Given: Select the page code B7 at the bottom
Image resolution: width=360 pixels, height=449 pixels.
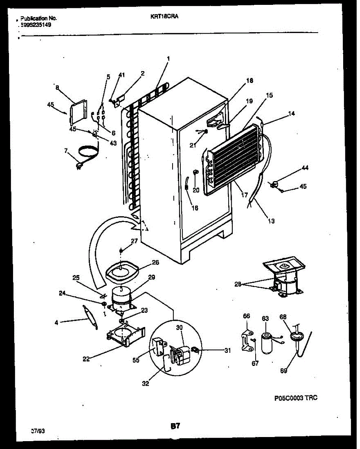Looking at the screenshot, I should (176, 425).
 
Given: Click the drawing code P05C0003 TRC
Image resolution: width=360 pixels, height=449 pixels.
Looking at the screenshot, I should (296, 398).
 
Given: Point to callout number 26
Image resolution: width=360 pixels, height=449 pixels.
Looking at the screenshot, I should (155, 262).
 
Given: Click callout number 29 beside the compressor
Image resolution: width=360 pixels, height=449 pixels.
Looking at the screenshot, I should (152, 277).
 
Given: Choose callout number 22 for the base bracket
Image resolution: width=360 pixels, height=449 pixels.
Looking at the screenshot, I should (86, 360).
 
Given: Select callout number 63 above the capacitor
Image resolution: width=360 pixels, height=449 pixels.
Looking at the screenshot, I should (265, 318).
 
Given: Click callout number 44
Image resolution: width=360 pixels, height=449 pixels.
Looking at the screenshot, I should (305, 169).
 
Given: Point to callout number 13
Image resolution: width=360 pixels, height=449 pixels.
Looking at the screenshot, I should (271, 221).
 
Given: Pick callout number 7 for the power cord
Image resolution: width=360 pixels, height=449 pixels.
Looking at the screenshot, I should (66, 151).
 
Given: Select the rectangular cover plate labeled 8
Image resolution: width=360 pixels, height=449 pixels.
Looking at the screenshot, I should (78, 112).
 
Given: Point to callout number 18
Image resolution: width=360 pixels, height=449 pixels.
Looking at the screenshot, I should (250, 80).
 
